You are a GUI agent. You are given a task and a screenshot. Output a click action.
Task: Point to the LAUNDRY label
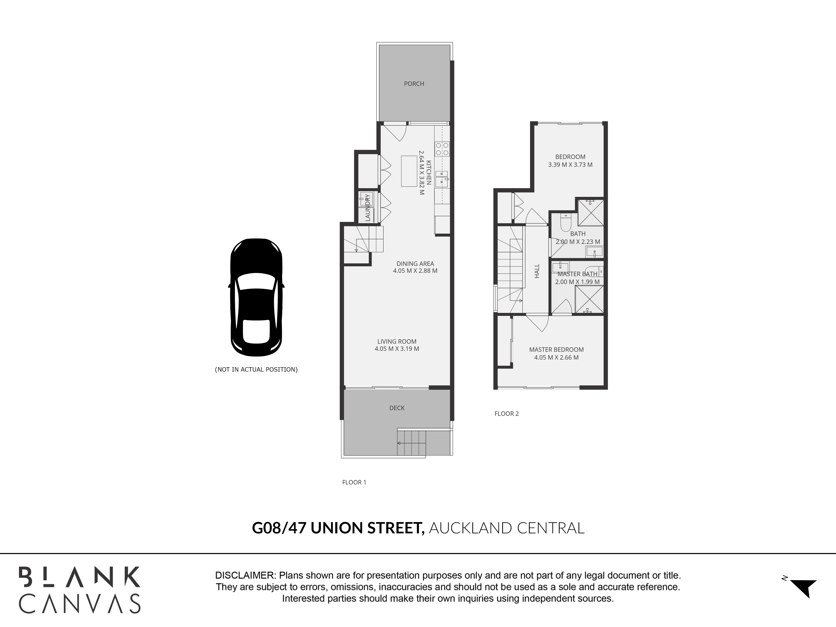coord(368,208)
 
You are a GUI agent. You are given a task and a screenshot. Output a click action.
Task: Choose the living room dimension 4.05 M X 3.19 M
coord(397,349)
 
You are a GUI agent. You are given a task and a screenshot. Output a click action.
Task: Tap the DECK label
coord(397,408)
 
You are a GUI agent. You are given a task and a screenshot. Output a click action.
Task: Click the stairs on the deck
coord(412,443)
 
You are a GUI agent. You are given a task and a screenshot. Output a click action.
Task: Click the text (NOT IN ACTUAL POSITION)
coord(256,370)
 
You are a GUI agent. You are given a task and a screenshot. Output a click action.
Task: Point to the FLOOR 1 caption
coord(354,482)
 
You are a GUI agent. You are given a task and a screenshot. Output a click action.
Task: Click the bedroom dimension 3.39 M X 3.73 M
coord(570,165)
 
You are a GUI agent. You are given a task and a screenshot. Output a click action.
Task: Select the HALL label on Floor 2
coord(537,271)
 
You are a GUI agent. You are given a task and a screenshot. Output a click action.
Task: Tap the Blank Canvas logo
coord(80,590)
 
